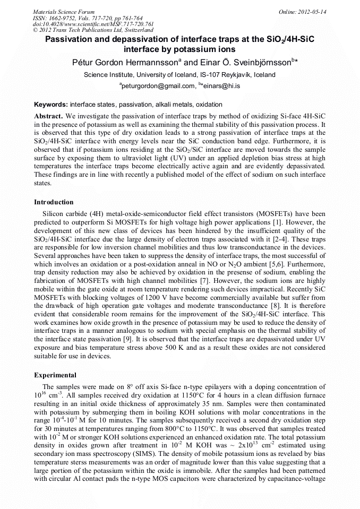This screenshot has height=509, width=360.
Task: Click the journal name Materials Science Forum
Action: coord(64,12)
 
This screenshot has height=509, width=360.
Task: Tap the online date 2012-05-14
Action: coord(311,12)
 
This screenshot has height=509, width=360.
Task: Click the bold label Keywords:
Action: coord(51,105)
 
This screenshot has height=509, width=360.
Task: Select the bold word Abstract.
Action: coord(48,116)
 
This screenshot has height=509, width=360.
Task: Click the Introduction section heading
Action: coord(54,202)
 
